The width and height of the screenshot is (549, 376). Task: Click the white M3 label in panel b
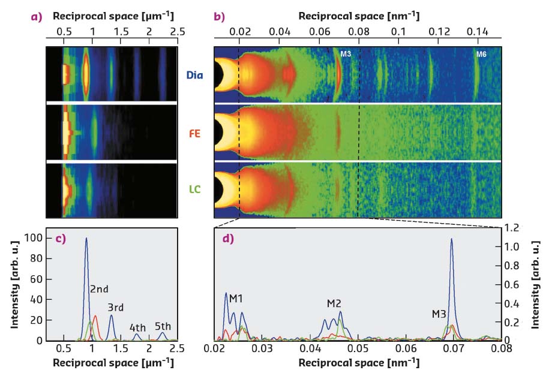click(346, 55)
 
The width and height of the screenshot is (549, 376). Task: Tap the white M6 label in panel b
click(481, 55)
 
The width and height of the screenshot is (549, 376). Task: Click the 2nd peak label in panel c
click(99, 289)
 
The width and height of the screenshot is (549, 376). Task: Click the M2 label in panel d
click(334, 303)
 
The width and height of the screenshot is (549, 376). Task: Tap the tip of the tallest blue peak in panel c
click(86, 239)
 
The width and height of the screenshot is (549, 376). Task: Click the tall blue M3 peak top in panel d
click(451, 239)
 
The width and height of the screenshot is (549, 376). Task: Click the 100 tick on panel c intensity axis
click(35, 238)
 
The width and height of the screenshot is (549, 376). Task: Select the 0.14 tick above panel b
click(478, 31)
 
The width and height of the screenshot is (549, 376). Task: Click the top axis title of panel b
click(359, 15)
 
